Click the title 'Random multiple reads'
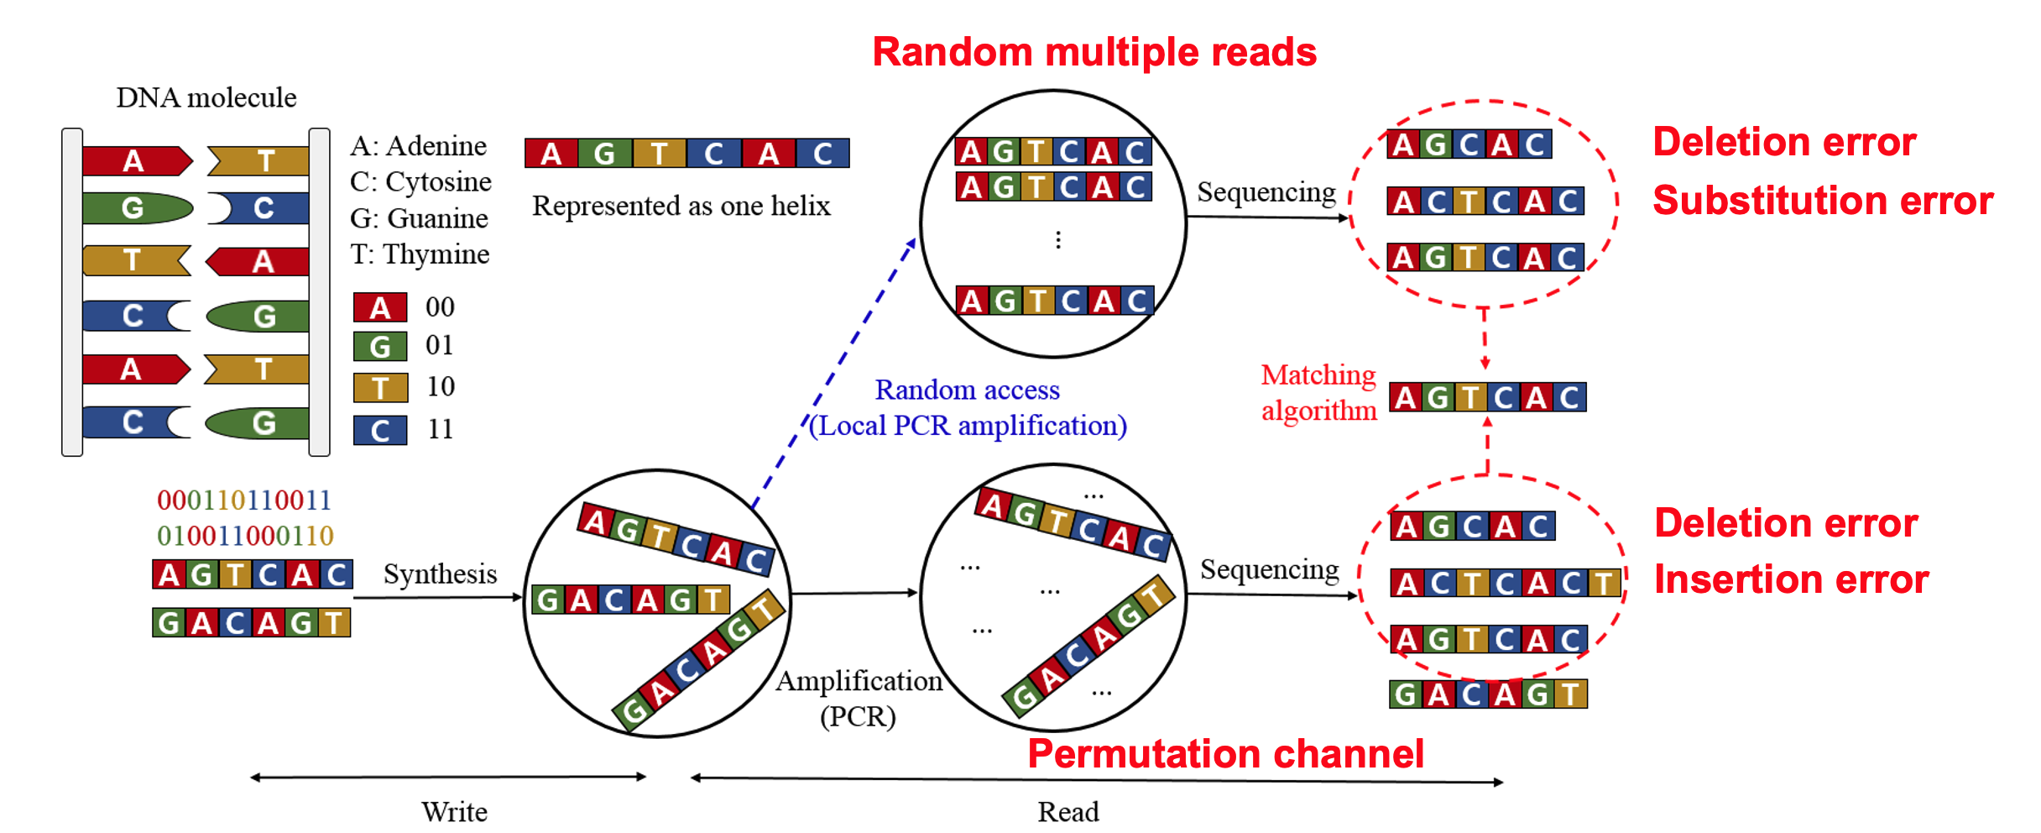tap(1094, 52)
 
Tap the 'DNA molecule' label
tap(206, 97)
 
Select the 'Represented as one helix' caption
tap(681, 206)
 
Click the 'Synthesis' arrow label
tap(440, 574)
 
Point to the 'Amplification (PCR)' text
tap(859, 698)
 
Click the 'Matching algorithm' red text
tap(1318, 392)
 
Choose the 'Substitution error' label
tap(1822, 202)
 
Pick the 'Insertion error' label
tap(1791, 580)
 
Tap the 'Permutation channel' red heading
tap(1225, 754)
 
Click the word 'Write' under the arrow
tap(454, 812)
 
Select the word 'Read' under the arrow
tap(1067, 812)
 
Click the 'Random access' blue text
tap(967, 390)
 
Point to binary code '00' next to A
tap(440, 307)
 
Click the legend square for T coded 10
tap(380, 388)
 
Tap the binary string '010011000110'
tap(245, 536)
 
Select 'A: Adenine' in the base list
tap(418, 146)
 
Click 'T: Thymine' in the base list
tap(420, 254)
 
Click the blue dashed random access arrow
tap(835, 374)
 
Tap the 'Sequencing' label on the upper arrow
tap(1266, 192)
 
